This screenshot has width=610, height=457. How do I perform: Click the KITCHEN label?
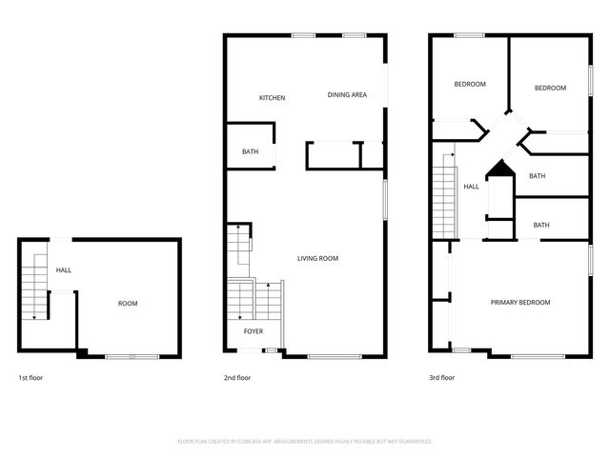click(273, 98)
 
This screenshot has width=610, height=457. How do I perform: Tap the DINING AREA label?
click(347, 94)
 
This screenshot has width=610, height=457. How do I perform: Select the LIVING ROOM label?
click(317, 258)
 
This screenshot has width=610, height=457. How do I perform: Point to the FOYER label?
click(254, 331)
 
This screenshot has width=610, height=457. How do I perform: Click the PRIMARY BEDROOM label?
click(520, 303)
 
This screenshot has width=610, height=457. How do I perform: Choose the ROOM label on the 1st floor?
click(128, 304)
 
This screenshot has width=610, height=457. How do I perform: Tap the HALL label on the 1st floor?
click(63, 270)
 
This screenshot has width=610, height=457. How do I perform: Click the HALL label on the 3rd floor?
click(471, 187)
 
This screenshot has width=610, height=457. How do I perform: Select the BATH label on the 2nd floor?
click(250, 151)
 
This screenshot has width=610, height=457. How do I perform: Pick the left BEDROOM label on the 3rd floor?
click(469, 84)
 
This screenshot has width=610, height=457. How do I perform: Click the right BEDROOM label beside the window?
click(550, 88)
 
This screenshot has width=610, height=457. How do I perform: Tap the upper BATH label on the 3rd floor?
click(538, 176)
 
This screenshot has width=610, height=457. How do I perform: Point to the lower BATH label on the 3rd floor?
click(541, 225)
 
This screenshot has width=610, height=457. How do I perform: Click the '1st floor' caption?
click(30, 378)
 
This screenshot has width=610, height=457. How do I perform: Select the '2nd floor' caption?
click(236, 378)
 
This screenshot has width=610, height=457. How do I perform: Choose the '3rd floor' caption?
click(441, 378)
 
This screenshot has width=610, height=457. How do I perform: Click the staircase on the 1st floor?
click(34, 287)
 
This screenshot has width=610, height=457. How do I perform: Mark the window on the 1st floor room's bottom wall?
click(132, 356)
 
